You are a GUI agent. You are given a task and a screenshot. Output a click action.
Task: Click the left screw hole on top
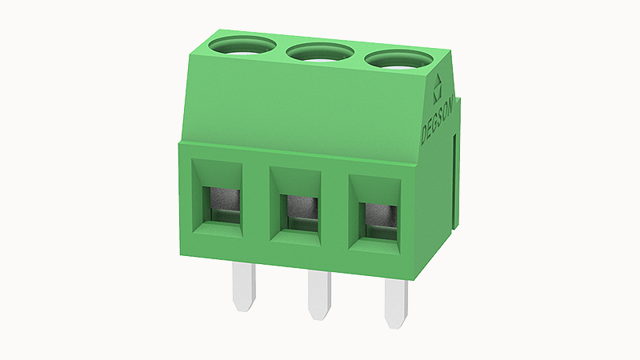point(242,45)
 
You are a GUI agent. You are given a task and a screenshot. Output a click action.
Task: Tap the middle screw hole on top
point(320,53)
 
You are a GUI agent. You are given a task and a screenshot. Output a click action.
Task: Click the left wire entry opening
point(217,198)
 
